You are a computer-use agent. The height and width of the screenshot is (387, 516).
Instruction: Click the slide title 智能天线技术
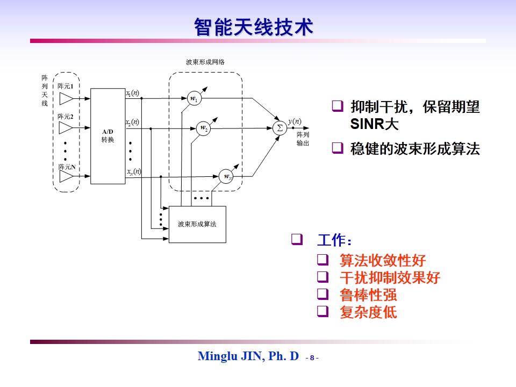253,27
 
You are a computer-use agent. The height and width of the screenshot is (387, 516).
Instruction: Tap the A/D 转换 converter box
107,136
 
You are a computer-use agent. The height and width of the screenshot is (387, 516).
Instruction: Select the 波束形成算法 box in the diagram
197,224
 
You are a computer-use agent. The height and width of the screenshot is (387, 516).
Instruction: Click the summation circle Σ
279,127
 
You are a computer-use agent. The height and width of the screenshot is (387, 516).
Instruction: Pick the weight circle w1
193,98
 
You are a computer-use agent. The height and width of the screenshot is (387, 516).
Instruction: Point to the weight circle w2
203,128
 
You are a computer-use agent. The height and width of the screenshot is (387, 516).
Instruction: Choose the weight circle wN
226,176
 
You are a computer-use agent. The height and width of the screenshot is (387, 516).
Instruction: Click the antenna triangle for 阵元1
67,98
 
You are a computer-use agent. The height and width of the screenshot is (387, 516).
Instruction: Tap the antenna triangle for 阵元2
67,128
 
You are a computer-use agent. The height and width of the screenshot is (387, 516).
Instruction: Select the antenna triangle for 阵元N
67,177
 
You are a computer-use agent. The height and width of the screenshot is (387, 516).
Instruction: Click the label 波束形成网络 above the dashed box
205,62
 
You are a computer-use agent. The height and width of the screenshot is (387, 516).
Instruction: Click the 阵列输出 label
303,139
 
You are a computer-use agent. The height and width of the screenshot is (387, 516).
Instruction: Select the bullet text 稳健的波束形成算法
415,149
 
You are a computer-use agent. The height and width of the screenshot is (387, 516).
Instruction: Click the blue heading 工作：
335,240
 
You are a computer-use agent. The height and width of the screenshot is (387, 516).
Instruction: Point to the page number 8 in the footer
312,357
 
